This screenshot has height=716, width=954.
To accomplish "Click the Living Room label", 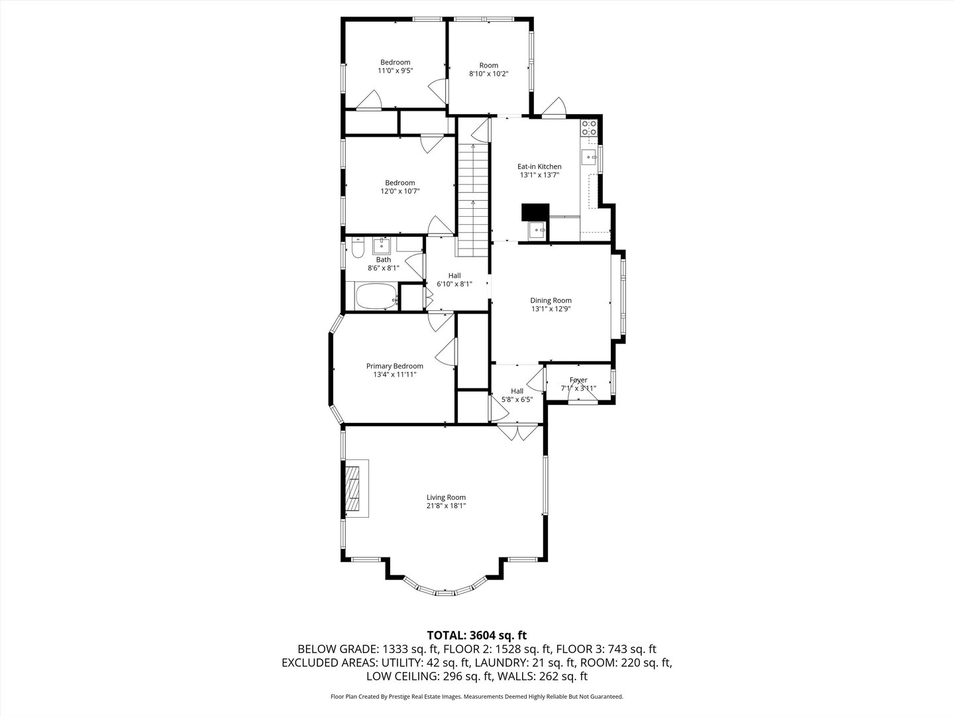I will click(446, 497).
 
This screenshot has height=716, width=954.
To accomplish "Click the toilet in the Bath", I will click(356, 249).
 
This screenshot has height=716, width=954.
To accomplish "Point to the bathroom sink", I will click(382, 246).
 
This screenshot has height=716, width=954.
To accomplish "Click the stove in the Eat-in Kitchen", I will click(589, 127).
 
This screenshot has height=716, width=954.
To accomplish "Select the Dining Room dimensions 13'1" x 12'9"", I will click(551, 309).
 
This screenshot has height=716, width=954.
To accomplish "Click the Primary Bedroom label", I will click(395, 366).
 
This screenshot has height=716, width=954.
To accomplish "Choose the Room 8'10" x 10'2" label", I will click(488, 65).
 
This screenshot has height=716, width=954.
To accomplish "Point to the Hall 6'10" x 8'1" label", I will click(454, 275).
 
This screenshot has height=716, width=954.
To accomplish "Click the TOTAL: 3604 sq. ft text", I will click(477, 635).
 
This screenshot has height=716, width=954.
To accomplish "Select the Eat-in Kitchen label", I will click(539, 166).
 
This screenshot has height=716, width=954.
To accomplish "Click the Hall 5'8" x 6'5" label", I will click(517, 391).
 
